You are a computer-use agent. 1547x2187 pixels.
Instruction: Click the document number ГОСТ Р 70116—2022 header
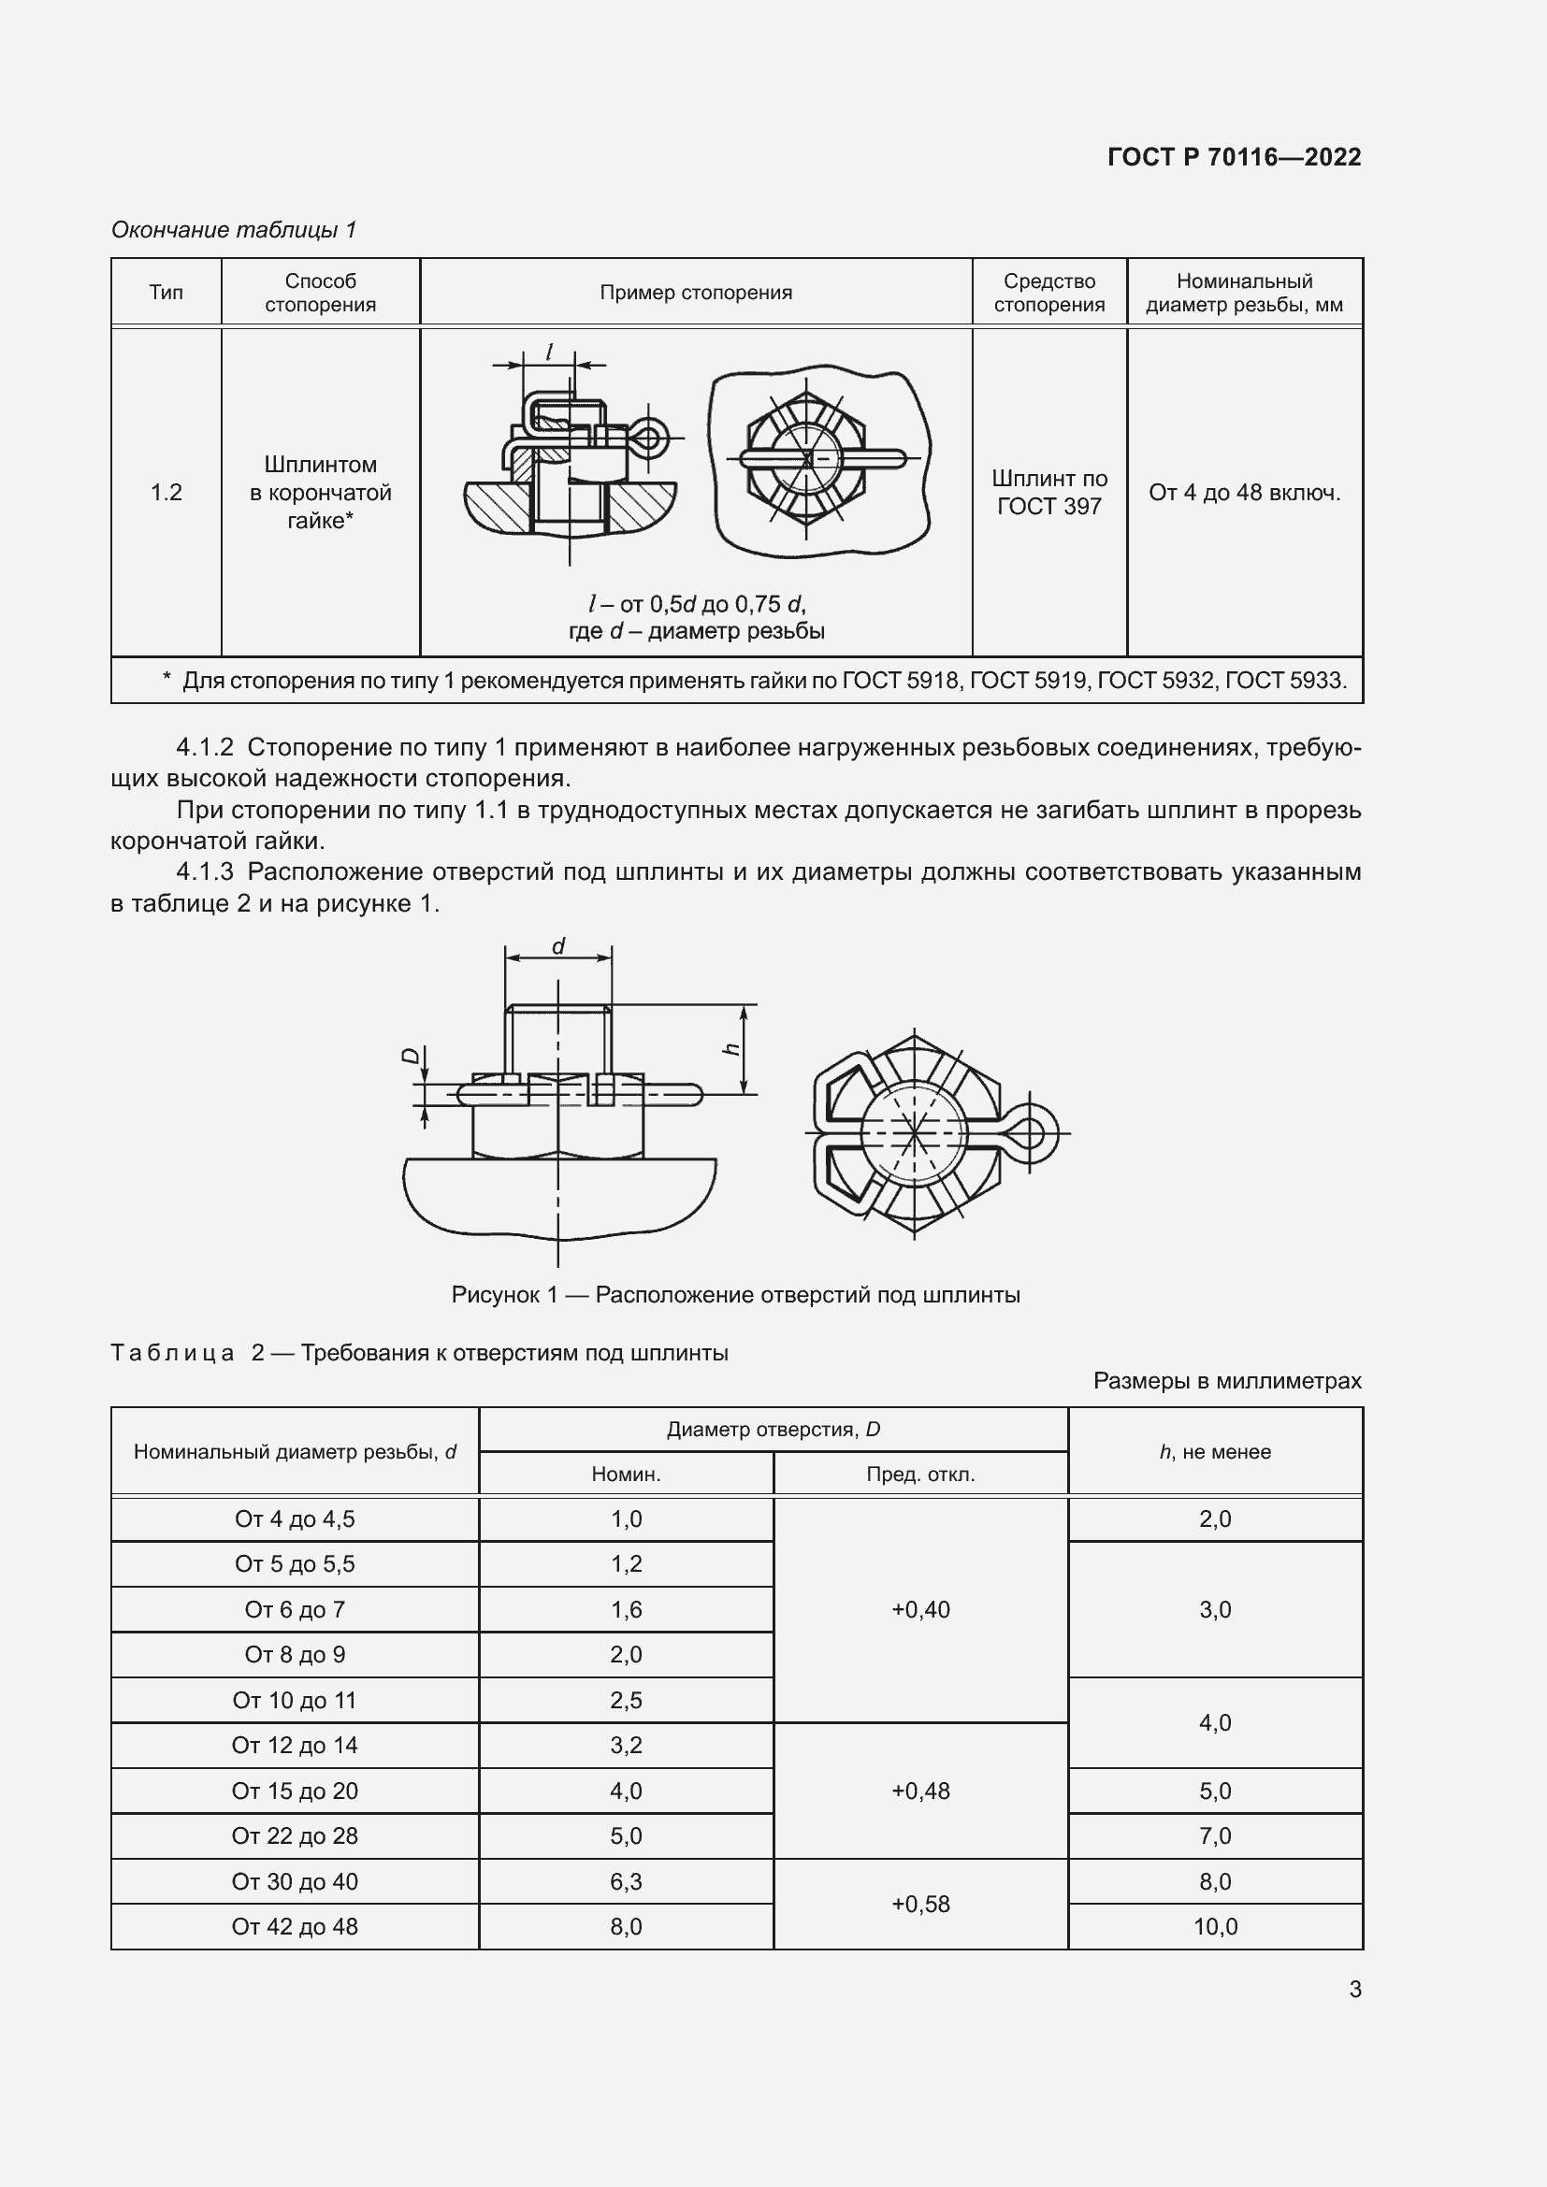1234,157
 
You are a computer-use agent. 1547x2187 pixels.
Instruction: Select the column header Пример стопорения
695,293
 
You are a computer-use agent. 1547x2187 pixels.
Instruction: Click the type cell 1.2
166,493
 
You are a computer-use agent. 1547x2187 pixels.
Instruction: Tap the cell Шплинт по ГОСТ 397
1048,493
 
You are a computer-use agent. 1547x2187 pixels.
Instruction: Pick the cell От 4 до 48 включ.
1244,493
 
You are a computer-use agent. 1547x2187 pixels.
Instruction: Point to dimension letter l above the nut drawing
550,352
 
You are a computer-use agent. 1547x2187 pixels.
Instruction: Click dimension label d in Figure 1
558,946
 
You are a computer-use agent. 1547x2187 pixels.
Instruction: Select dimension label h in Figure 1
731,1049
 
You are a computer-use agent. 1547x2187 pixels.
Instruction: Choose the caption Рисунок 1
735,1294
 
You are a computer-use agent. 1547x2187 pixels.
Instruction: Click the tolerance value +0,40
920,1610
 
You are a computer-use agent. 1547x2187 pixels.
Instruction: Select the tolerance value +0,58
920,1904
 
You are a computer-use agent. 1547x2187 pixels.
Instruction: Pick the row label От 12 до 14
295,1745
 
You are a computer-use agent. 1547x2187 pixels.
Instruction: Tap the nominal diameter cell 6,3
626,1881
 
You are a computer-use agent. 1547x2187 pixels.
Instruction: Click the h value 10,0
1215,1926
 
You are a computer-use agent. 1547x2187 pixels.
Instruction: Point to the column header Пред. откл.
920,1475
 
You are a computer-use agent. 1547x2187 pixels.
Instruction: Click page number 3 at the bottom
1354,1989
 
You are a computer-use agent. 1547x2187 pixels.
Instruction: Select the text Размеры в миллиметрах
1227,1380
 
